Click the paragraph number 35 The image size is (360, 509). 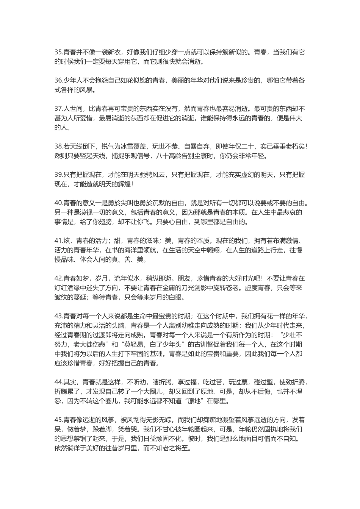coord(58,52)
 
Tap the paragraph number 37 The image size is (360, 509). coord(58,109)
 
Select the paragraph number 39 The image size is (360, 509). coord(58,175)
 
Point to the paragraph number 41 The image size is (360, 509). coord(58,240)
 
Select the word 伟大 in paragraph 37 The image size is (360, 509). coord(296,119)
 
